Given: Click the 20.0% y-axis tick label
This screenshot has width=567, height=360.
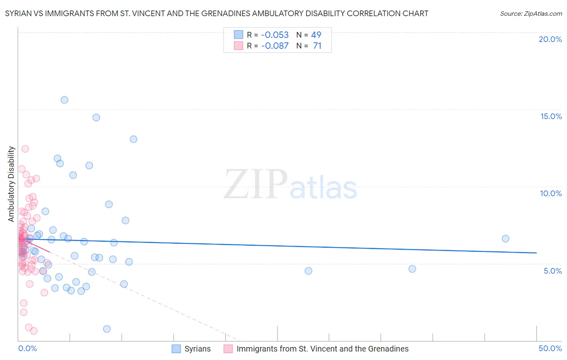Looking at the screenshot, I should pos(550,39).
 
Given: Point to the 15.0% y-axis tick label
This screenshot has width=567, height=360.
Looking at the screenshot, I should pos(551,116).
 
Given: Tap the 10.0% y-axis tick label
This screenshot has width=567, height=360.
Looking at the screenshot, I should pos(551,193).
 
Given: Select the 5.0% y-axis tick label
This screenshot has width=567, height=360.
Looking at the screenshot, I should pos(552,271).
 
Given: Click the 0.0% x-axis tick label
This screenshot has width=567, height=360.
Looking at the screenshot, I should pos(27,348).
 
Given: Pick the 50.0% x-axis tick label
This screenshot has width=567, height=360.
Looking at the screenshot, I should pos(550,348).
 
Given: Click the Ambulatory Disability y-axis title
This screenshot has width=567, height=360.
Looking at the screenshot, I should pos(11,184).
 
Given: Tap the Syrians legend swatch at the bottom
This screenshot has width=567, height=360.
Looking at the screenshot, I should pos(176,349).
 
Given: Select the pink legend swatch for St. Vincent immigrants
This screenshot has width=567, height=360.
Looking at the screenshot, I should pos(228,349).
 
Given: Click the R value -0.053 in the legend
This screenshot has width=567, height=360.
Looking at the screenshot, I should pos(275,35).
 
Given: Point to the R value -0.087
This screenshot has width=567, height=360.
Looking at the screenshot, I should pos(275,46).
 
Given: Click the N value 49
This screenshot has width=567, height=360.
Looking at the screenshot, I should pos(316,35).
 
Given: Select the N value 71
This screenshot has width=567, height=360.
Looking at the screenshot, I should pos(317,46).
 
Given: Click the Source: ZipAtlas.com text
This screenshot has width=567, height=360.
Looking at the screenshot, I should pos(531,13).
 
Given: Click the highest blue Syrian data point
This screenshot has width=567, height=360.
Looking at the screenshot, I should pos(65,100).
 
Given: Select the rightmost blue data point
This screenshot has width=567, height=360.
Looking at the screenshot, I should pos(505,239).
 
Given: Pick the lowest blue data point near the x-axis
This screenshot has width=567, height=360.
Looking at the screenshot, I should pos(107,329).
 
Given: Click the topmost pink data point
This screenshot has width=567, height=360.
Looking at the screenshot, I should pos(25,149).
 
